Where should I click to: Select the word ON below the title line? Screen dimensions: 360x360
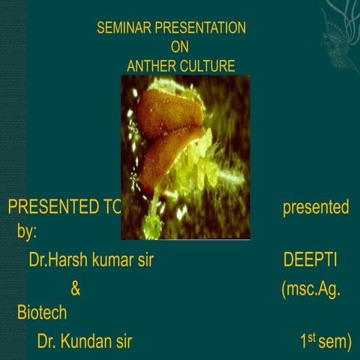point(180,47)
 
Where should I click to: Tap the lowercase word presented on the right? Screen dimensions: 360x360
point(315,207)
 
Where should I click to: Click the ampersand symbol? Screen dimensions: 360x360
point(75,289)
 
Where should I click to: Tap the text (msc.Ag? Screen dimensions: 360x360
point(311,289)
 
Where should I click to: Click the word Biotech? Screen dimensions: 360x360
point(42,313)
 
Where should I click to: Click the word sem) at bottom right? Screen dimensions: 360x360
point(334,343)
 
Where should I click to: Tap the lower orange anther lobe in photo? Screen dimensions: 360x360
point(169,154)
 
